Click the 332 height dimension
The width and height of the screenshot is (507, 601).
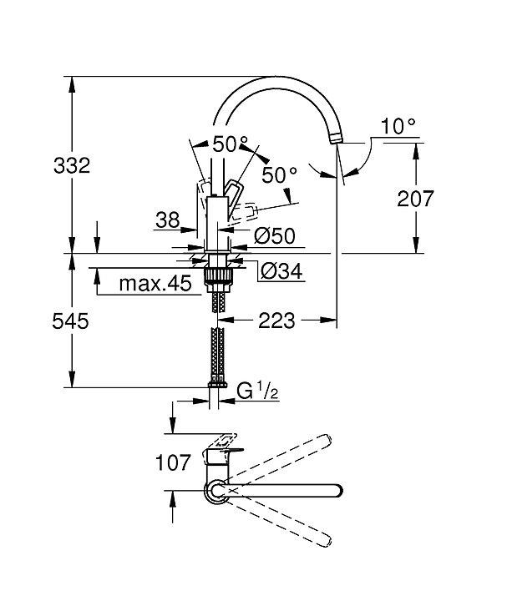[72, 165]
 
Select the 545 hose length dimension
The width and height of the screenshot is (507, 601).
[70, 321]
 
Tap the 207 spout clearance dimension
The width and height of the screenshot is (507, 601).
[415, 199]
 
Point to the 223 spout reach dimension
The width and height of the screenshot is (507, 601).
[276, 320]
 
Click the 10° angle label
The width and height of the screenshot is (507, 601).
[398, 126]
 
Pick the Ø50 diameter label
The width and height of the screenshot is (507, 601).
[275, 236]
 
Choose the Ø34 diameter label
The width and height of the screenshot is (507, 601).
[281, 272]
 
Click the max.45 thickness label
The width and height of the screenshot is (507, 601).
[155, 284]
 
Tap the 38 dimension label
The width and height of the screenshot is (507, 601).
[168, 220]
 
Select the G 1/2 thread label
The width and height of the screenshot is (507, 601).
[257, 391]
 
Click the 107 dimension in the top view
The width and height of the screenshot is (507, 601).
[173, 462]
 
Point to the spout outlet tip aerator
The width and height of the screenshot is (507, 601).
[335, 138]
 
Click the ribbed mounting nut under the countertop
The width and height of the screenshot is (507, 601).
[217, 276]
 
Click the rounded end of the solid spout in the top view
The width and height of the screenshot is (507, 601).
[337, 491]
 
